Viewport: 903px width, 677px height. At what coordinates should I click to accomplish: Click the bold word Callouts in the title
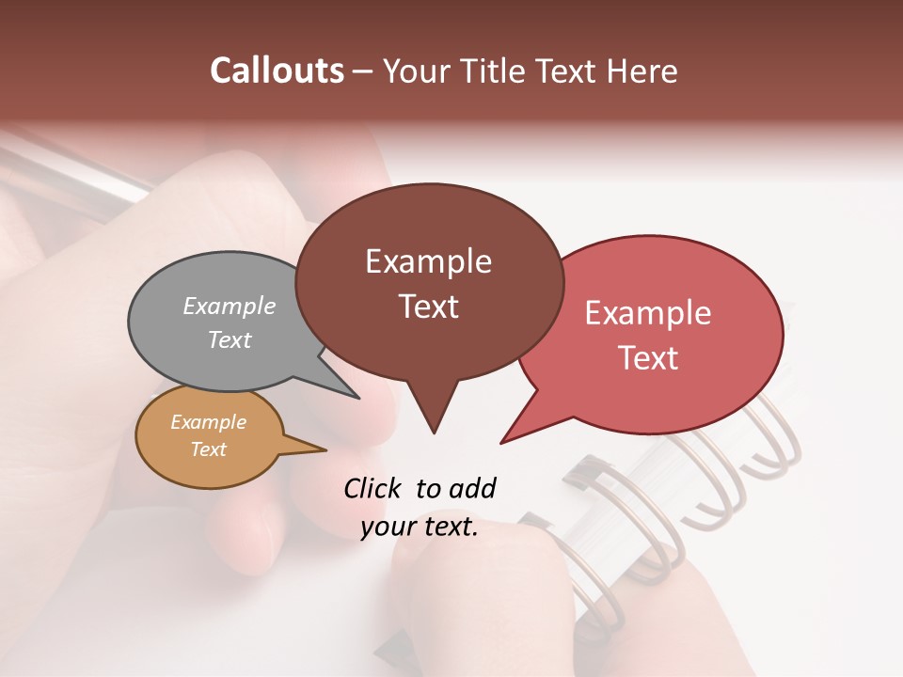coord(277,71)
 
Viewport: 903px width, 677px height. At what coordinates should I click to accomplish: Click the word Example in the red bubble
coord(648,313)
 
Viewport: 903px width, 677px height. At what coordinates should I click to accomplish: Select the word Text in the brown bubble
coord(429,307)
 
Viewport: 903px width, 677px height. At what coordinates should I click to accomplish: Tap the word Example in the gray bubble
coord(230,306)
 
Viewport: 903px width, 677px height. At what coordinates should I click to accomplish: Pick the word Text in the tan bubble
coord(209,449)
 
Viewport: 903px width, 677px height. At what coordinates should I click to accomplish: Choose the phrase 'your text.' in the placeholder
coord(420,527)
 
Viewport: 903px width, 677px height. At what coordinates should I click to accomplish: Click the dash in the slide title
coord(364,71)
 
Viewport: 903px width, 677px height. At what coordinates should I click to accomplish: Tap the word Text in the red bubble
coord(648,358)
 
